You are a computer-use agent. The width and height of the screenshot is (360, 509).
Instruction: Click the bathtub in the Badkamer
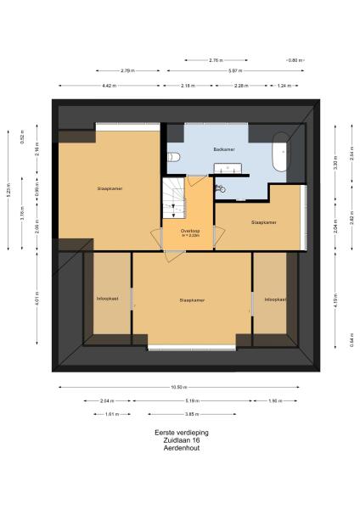pos(278,154)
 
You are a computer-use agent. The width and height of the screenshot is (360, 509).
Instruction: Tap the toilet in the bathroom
pos(173,156)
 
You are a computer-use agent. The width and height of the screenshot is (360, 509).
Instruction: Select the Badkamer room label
pos(224,149)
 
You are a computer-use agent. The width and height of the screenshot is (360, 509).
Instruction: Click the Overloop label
pos(189,232)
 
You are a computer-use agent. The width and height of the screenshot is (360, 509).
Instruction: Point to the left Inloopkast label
pos(107,299)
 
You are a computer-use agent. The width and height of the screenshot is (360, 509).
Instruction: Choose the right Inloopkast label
pos(274,299)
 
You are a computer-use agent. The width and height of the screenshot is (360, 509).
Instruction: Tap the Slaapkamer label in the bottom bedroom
pos(192,299)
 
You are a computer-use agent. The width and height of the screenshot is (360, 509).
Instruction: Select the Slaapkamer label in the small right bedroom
pos(264,223)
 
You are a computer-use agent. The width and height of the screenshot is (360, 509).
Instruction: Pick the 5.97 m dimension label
pos(233,70)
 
